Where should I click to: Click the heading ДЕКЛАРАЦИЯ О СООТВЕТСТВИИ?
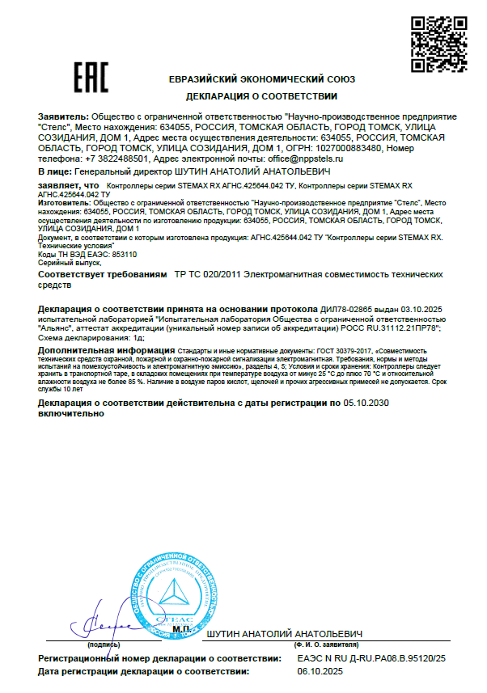click(261, 95)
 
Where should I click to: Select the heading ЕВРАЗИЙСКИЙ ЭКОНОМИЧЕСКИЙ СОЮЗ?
click(261, 79)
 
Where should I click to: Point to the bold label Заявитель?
click(64, 118)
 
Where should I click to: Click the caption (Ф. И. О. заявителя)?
click(322, 645)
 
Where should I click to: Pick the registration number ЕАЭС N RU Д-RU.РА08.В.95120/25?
click(371, 660)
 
